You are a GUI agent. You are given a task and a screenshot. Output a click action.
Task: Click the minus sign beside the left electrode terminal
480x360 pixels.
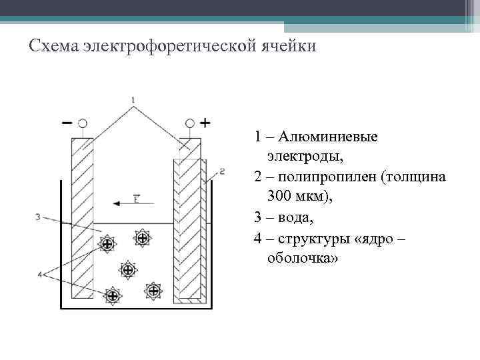click(x=67, y=123)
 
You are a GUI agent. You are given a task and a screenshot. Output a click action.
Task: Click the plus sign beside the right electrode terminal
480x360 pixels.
click(x=205, y=123)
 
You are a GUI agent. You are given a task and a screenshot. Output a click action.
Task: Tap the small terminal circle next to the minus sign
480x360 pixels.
click(x=83, y=123)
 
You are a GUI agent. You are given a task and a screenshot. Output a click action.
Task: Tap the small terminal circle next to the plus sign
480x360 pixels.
click(x=190, y=123)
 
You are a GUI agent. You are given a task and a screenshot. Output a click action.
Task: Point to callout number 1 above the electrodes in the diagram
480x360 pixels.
click(x=134, y=101)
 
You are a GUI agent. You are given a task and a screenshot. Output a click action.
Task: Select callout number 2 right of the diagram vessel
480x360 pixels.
click(x=222, y=171)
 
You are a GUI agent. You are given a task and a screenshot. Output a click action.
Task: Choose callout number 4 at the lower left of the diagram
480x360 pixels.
click(x=40, y=274)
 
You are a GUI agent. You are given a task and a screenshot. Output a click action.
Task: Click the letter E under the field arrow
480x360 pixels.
click(x=136, y=198)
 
